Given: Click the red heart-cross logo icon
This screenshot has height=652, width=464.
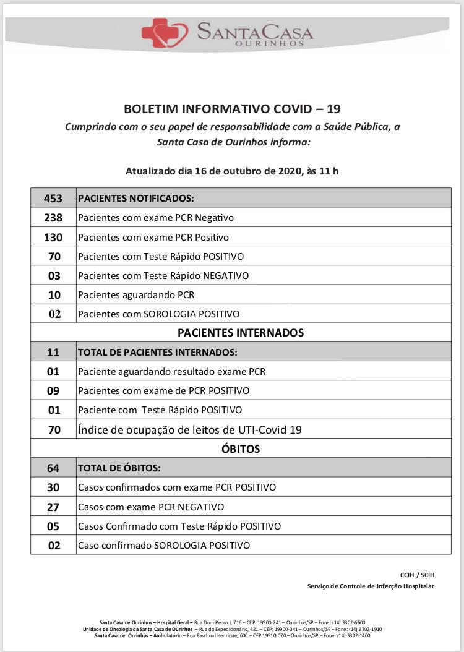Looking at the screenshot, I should coord(164,32).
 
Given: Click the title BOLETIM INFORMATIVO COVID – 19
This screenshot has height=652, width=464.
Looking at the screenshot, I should coord(232,109).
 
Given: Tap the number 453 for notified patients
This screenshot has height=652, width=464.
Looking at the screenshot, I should coord(54,199).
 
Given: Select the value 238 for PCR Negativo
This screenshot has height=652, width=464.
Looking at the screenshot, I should coord(54,218).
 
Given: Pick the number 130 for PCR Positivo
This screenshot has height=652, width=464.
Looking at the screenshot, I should coord(54,237).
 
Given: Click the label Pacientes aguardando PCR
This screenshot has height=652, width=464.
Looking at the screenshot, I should coord(136,294).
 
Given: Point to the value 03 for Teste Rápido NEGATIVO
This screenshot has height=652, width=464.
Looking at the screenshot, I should coord(54,275).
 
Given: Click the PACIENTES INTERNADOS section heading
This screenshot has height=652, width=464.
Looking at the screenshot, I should coord(241,333).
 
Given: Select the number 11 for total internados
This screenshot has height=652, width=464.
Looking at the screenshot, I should coord(53,353).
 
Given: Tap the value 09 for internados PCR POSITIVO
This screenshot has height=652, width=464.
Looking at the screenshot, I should coord(53,391).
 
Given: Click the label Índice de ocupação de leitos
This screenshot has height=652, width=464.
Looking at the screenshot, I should coord(189,429).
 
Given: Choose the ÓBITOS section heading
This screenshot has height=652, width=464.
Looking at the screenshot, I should coord(241,448).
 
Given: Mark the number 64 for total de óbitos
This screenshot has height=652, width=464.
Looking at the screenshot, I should coord(53,468).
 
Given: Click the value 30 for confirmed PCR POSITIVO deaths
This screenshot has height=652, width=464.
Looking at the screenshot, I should coord(53,487).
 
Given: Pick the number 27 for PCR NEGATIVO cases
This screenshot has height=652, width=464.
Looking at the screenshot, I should coord(53,507).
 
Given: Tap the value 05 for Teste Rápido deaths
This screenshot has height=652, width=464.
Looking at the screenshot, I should coord(53,526).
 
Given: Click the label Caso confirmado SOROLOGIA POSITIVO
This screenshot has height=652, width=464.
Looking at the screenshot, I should coord(164,546).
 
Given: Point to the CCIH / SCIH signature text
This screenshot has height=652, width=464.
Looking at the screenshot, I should coord(417,575).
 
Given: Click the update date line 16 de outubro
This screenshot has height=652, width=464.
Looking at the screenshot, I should coord(232,171).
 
